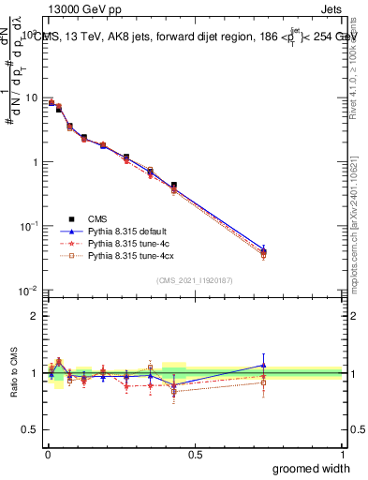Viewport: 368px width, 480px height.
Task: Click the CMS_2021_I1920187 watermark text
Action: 195,280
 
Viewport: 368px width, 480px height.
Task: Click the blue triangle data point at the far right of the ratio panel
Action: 263,366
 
